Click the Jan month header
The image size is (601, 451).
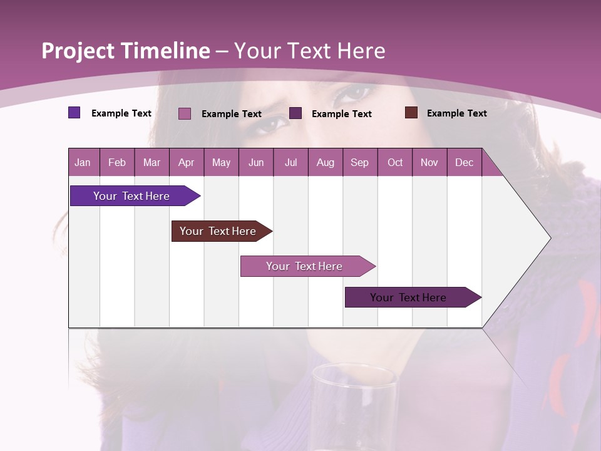tap(83, 162)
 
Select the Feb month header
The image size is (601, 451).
tap(117, 162)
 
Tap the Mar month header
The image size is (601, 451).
tap(152, 162)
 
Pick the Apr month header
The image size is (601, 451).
tap(187, 162)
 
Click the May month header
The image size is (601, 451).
tap(221, 162)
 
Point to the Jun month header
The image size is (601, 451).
tap(256, 162)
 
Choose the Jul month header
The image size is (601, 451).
tap(290, 162)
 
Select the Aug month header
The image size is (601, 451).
tap(326, 162)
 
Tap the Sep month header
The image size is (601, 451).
tap(359, 162)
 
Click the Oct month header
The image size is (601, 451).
tap(395, 162)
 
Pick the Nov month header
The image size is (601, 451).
tap(429, 162)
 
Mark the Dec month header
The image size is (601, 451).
tap(465, 162)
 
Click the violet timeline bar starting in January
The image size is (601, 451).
tap(131, 196)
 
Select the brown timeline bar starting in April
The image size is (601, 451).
tap(218, 231)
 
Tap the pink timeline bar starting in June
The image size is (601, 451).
tap(304, 266)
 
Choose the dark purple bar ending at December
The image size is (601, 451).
tap(408, 298)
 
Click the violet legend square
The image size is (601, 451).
tap(74, 113)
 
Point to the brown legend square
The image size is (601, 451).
tap(411, 113)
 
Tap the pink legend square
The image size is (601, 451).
tap(185, 113)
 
